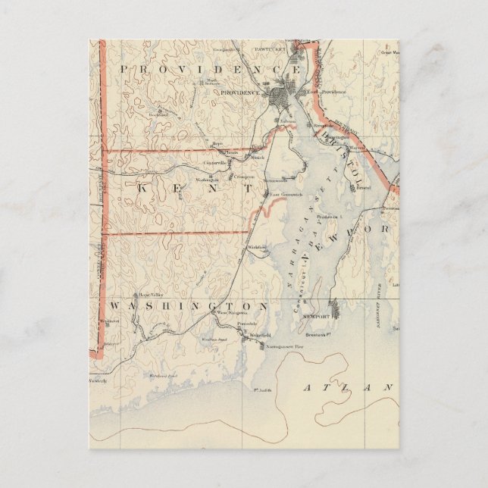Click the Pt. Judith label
(263, 391)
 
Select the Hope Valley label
(150, 295)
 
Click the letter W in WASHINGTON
(116, 305)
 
